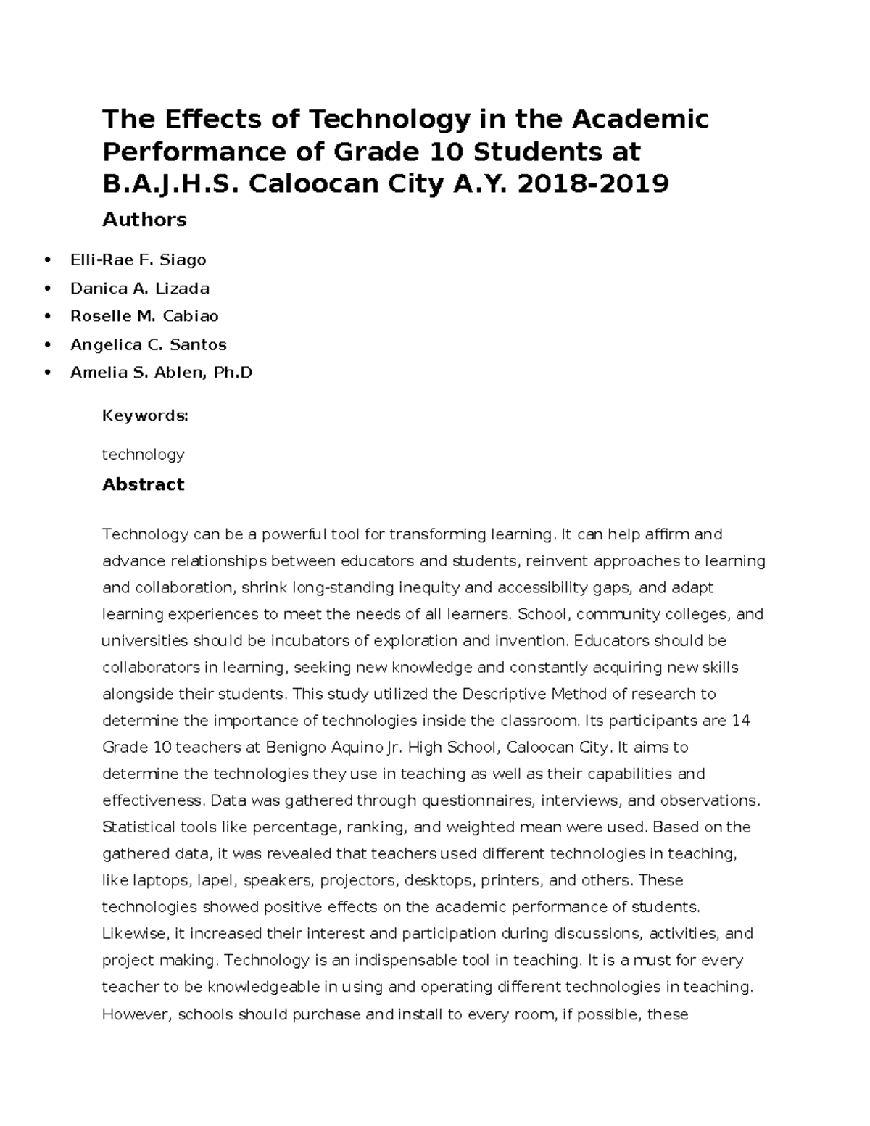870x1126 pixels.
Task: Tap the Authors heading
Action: [144, 220]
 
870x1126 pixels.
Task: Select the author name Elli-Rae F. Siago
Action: [138, 260]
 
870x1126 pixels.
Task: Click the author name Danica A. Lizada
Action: [139, 288]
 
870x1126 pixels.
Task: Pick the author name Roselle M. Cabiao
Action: [144, 316]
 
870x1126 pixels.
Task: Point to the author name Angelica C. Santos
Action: [148, 344]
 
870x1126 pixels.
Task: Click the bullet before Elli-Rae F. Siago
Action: [48, 260]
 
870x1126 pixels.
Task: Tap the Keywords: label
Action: [145, 415]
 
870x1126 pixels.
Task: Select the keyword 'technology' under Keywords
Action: [143, 455]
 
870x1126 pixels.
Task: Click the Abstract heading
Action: [143, 484]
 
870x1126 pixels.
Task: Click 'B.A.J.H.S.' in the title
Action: [172, 184]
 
